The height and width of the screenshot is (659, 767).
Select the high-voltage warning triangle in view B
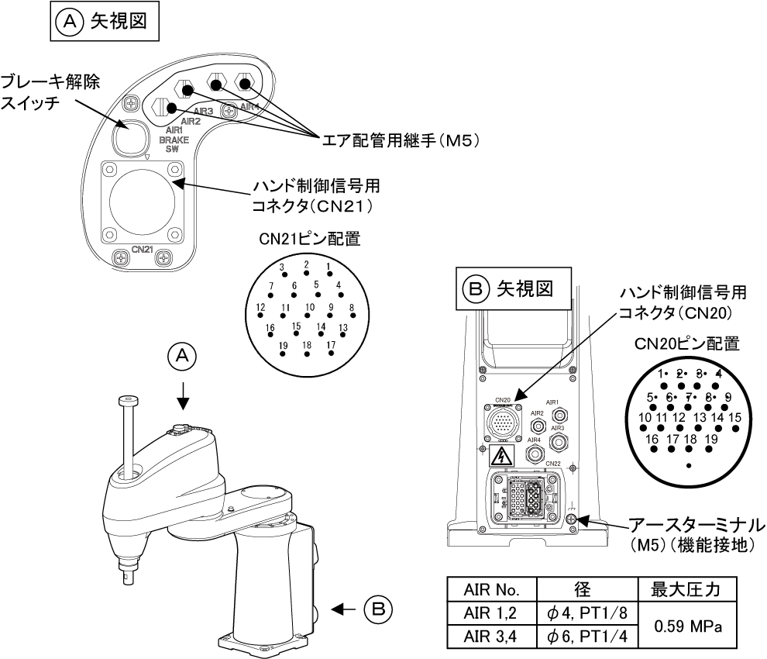pos(502,455)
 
